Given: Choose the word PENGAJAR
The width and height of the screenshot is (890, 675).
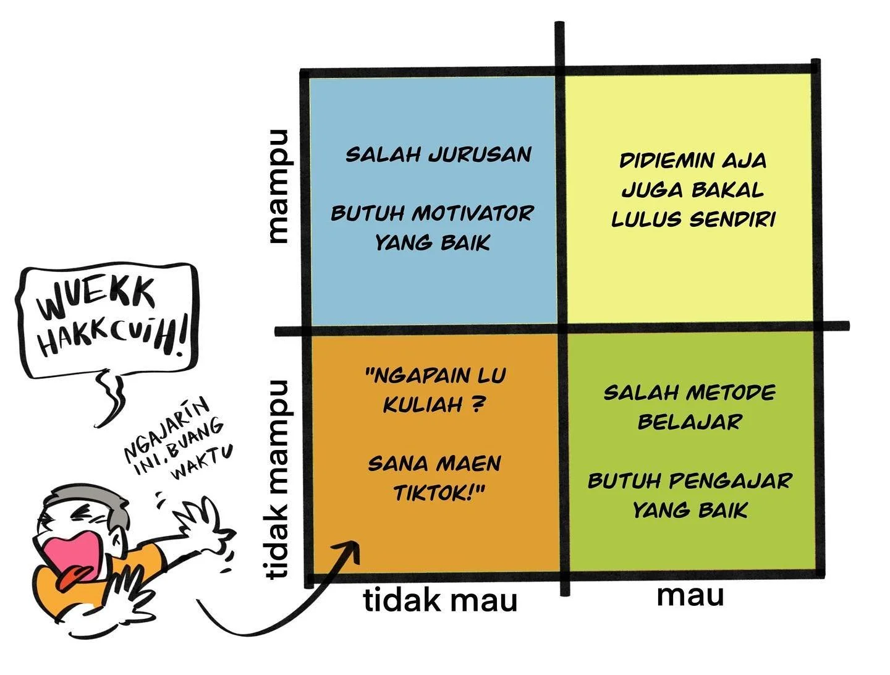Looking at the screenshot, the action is point(731,481).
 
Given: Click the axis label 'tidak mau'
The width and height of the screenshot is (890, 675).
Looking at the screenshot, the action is point(440,601).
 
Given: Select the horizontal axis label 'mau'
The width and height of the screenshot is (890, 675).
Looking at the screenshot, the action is point(690,596).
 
